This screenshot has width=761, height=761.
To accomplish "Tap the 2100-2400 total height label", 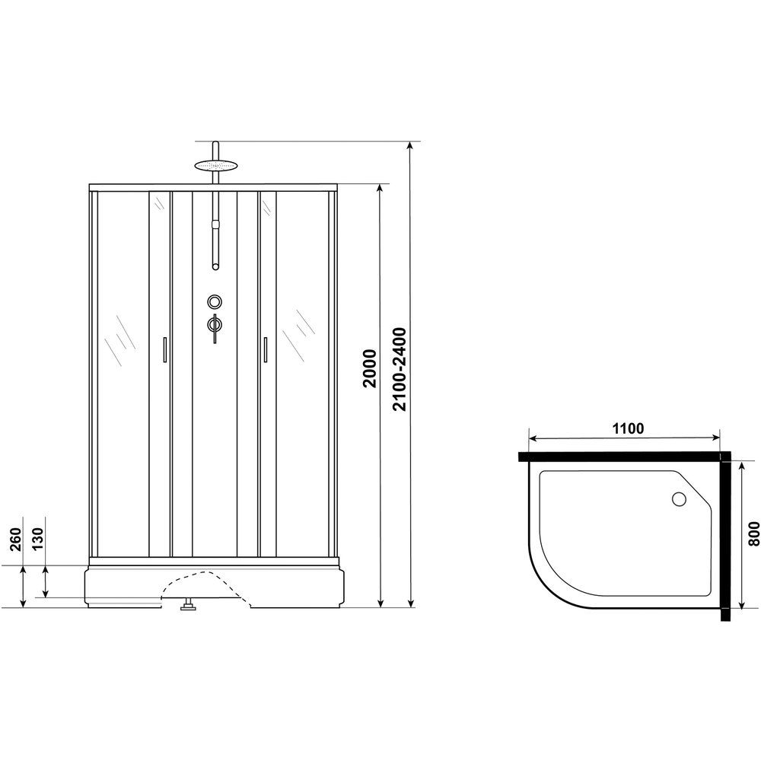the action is click(x=400, y=369).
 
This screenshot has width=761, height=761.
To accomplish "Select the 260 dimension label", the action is click(x=15, y=539).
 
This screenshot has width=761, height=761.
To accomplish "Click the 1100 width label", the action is click(x=628, y=428).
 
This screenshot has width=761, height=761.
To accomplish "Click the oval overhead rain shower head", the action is click(x=215, y=165).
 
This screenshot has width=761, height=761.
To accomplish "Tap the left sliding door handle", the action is click(x=165, y=349).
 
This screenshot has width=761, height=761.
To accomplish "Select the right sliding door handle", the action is click(x=265, y=349).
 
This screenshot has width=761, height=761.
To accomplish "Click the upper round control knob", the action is click(x=215, y=302).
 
